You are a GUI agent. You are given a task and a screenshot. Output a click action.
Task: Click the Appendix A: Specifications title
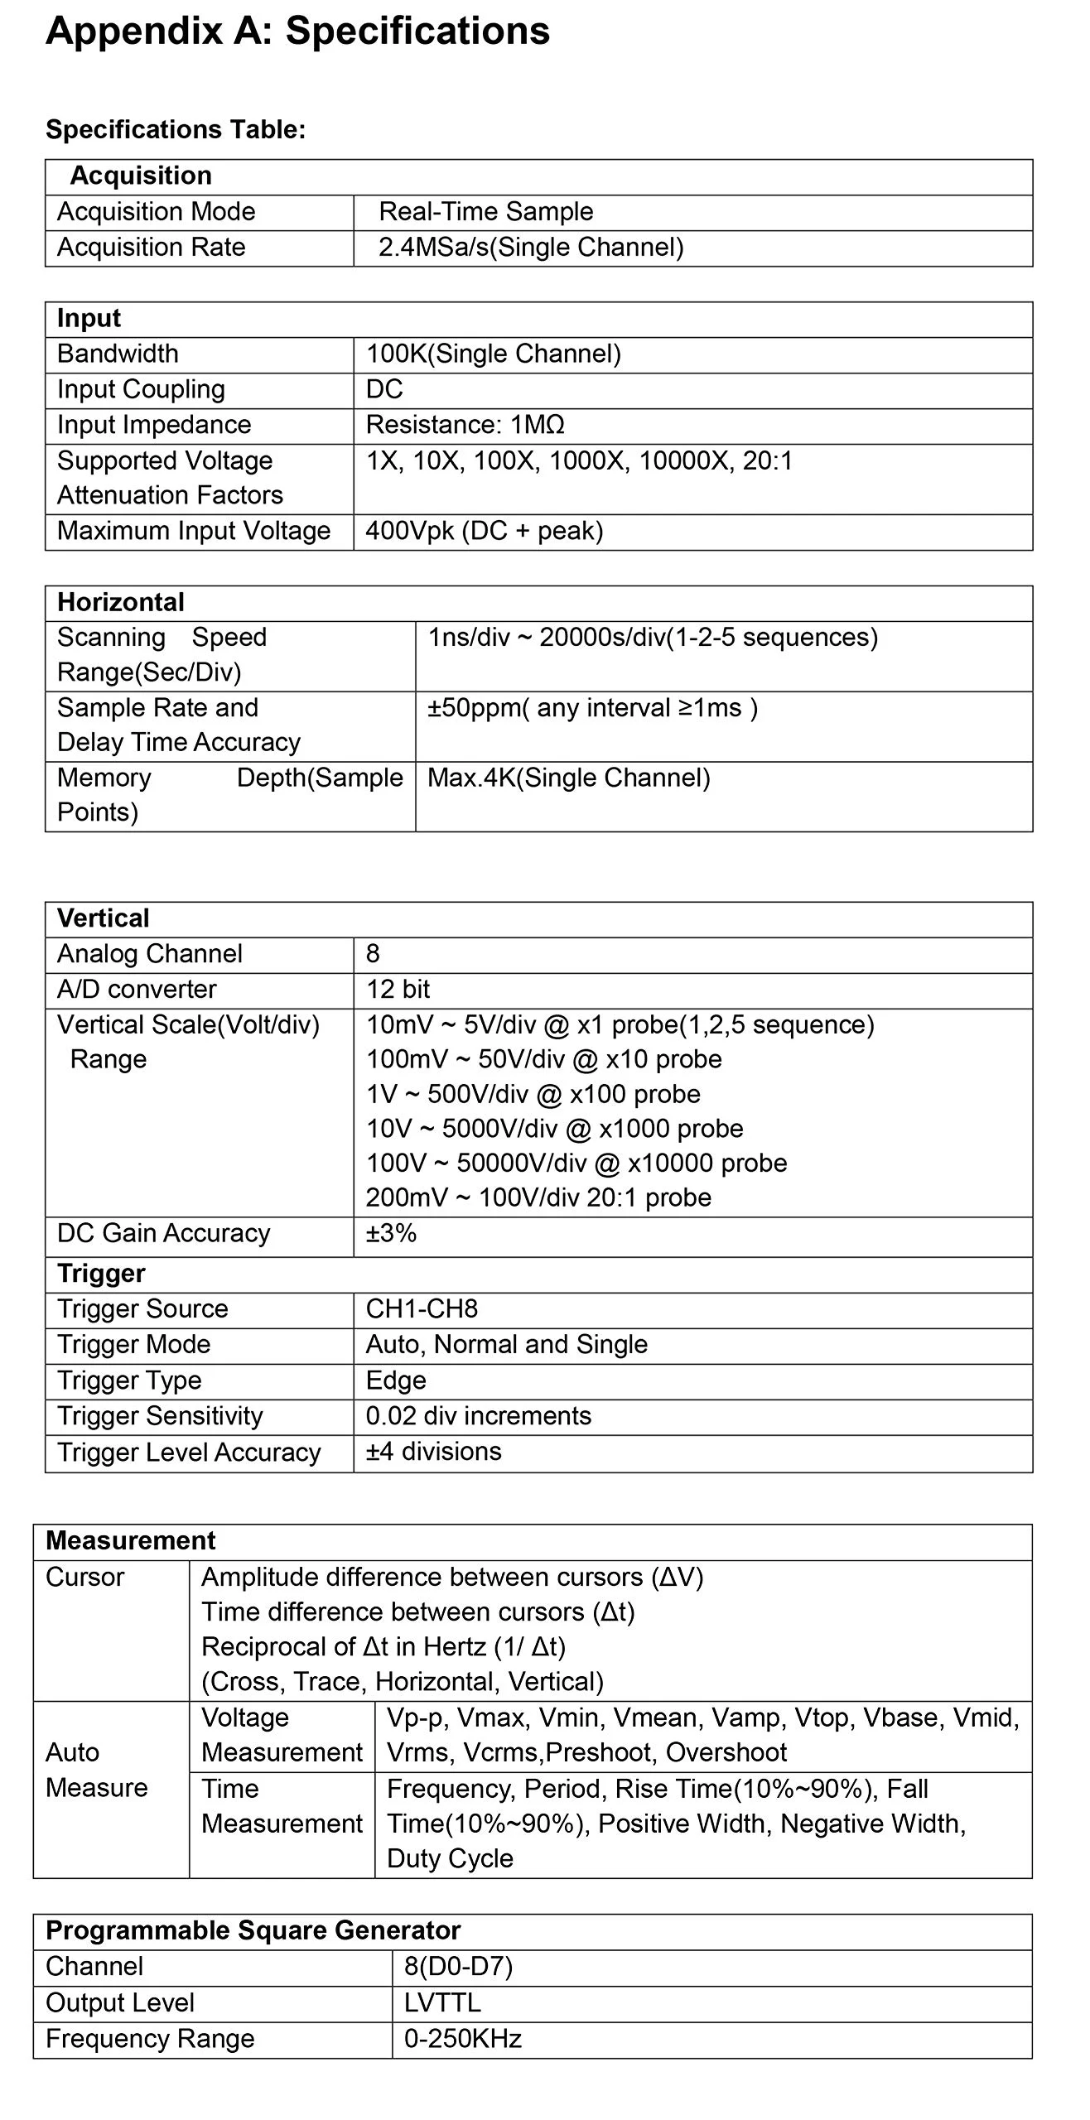point(297,31)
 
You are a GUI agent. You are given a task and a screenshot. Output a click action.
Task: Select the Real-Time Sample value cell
point(485,212)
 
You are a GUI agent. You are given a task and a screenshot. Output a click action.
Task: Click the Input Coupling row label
point(141,389)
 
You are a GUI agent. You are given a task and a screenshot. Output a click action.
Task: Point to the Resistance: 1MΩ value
point(465,425)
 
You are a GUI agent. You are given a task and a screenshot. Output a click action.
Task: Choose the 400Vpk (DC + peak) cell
point(484,531)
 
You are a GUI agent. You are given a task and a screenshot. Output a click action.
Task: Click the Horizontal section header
point(121,602)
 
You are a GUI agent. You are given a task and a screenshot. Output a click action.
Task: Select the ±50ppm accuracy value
point(592,708)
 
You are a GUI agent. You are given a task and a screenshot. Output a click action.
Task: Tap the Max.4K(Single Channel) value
point(568,778)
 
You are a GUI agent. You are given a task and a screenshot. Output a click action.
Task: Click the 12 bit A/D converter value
point(398,990)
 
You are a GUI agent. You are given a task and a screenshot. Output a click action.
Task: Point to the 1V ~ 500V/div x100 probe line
point(533,1095)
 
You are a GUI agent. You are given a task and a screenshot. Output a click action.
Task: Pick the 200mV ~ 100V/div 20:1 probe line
point(538,1198)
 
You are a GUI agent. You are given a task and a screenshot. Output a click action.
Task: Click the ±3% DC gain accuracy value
point(391,1234)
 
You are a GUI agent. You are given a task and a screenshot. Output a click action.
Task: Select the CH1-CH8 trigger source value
point(422,1309)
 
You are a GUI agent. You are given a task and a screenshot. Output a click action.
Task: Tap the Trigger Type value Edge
point(396,1380)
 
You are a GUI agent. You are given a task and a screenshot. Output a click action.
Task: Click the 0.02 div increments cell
point(478,1416)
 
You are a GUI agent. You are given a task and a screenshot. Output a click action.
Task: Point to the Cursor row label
point(84,1578)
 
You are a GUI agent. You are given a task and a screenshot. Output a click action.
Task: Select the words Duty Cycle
point(450,1858)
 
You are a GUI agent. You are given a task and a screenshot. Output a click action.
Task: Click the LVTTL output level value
point(441,2003)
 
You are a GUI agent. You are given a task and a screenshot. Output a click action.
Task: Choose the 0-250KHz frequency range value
point(462,2039)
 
